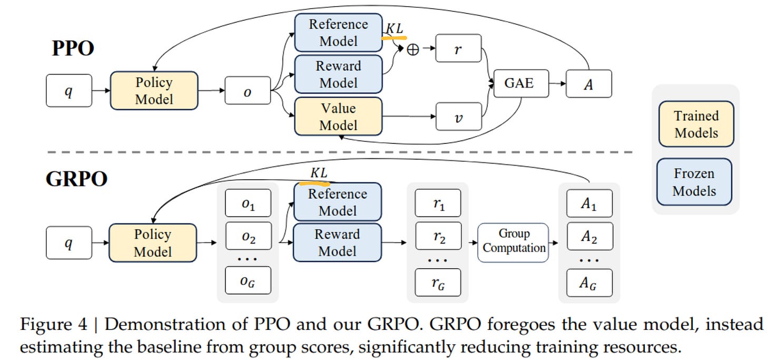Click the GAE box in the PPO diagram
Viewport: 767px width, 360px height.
[x=521, y=84]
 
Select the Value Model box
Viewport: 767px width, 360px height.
[x=338, y=116]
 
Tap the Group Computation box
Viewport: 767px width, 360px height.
[x=513, y=243]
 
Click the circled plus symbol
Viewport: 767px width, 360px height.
[x=412, y=50]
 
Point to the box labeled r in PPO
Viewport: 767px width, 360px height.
[x=458, y=48]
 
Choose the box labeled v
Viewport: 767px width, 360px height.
[x=458, y=116]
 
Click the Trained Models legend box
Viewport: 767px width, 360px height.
[x=696, y=124]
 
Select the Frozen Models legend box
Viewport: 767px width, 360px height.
[x=694, y=182]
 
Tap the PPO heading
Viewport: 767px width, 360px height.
[x=73, y=48]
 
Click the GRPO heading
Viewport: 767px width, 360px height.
[x=76, y=179]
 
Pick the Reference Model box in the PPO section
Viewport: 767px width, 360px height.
[x=338, y=33]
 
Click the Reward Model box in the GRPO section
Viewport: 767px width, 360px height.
[x=337, y=242]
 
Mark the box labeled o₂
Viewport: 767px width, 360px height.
[x=248, y=236]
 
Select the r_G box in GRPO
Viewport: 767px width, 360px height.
[x=438, y=283]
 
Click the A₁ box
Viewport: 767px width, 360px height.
[x=589, y=203]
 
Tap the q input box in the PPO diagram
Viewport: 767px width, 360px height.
[x=69, y=91]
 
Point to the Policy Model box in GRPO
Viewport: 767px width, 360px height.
[x=153, y=243]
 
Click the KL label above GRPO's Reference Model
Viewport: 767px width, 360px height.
[x=319, y=173]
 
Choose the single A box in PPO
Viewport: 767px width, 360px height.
[x=588, y=84]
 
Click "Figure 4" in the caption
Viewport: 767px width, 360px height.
[x=54, y=324]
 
